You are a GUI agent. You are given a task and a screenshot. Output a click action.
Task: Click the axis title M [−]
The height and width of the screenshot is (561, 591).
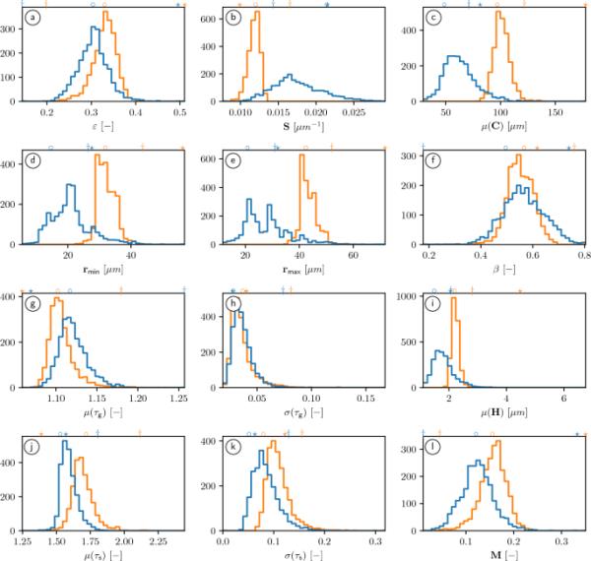coord(494,554)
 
